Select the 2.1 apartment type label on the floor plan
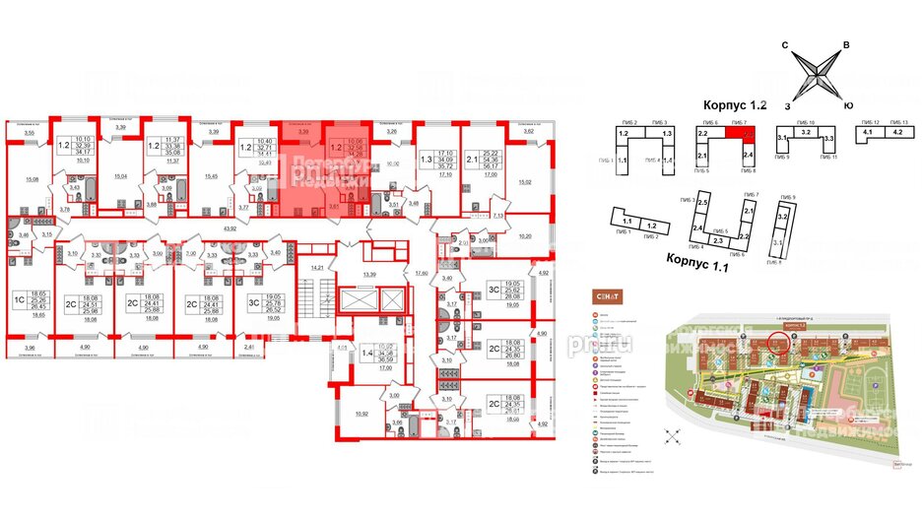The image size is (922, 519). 471,157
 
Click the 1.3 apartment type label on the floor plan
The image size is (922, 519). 426,157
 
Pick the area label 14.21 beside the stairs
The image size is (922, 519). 317,267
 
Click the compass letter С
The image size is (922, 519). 785,45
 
